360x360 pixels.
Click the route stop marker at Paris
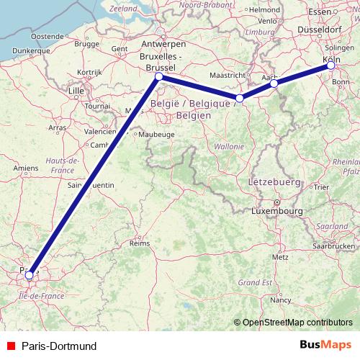point(29,274)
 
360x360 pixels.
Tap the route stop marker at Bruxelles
point(158,76)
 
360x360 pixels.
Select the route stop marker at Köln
point(330,66)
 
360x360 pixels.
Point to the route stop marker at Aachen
point(274,84)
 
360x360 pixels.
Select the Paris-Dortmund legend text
point(59,346)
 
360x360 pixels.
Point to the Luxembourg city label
point(276,211)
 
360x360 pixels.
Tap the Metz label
point(280,257)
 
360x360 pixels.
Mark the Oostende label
point(48,35)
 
